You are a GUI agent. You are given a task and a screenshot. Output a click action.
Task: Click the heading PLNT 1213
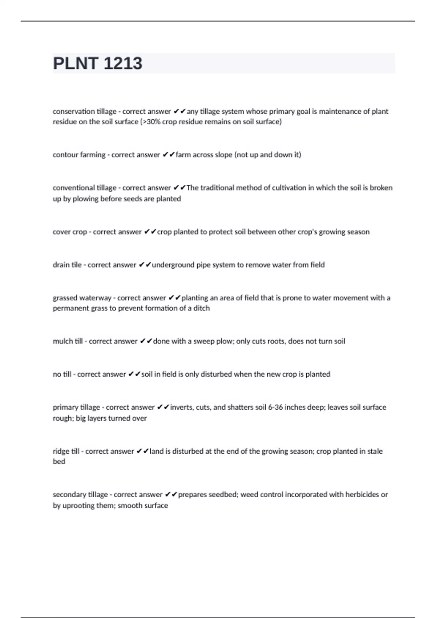(x=97, y=64)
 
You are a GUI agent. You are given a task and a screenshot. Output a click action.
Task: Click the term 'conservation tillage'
(x=84, y=112)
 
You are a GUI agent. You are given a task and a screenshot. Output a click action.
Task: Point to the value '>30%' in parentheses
(x=150, y=122)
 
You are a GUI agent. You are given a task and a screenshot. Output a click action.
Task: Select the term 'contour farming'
(x=79, y=155)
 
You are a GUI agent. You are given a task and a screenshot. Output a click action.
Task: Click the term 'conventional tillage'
(x=84, y=188)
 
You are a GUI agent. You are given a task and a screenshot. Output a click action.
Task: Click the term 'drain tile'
(x=67, y=265)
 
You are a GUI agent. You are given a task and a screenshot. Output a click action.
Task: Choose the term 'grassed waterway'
(x=82, y=298)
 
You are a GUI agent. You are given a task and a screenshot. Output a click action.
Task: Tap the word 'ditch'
(x=202, y=308)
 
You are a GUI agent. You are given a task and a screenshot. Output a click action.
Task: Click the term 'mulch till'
(x=68, y=341)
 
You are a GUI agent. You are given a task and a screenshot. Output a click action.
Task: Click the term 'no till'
(x=62, y=374)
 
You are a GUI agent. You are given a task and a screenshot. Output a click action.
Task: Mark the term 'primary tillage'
(x=76, y=408)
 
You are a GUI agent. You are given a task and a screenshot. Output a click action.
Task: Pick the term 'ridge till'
(x=66, y=452)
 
